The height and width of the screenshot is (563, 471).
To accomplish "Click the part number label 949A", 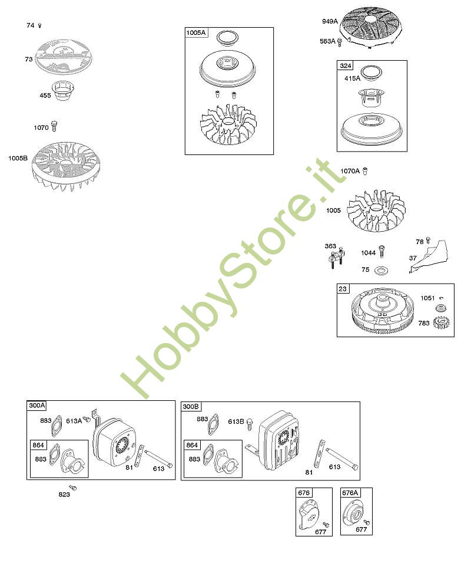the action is tap(330, 22).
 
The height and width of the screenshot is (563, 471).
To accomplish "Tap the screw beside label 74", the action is tap(40, 25).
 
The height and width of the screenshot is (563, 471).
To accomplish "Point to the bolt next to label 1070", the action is tap(55, 126).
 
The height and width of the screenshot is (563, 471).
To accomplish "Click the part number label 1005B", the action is tap(18, 159).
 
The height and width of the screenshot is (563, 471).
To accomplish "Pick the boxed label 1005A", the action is tap(196, 32).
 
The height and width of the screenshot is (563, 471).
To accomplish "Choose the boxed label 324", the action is tap(346, 65).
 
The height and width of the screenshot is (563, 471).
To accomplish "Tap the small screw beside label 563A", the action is tap(340, 42).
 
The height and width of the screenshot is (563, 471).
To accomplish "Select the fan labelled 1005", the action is tap(376, 211).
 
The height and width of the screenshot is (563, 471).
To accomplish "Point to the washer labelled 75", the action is tap(382, 270).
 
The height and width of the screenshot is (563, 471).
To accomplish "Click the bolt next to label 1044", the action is tap(382, 251).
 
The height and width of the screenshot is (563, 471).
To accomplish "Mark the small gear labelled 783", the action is tap(440, 323).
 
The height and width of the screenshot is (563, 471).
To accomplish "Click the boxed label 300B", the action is tap(191, 406).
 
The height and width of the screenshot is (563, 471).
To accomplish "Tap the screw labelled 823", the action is tap(73, 488).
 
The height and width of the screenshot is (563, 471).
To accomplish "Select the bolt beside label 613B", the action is tap(250, 422).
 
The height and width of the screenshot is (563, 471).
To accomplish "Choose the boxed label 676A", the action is tap(350, 493).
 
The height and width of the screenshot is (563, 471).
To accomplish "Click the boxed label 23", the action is tap(343, 289).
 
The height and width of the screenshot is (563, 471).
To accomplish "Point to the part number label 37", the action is tap(413, 258).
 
